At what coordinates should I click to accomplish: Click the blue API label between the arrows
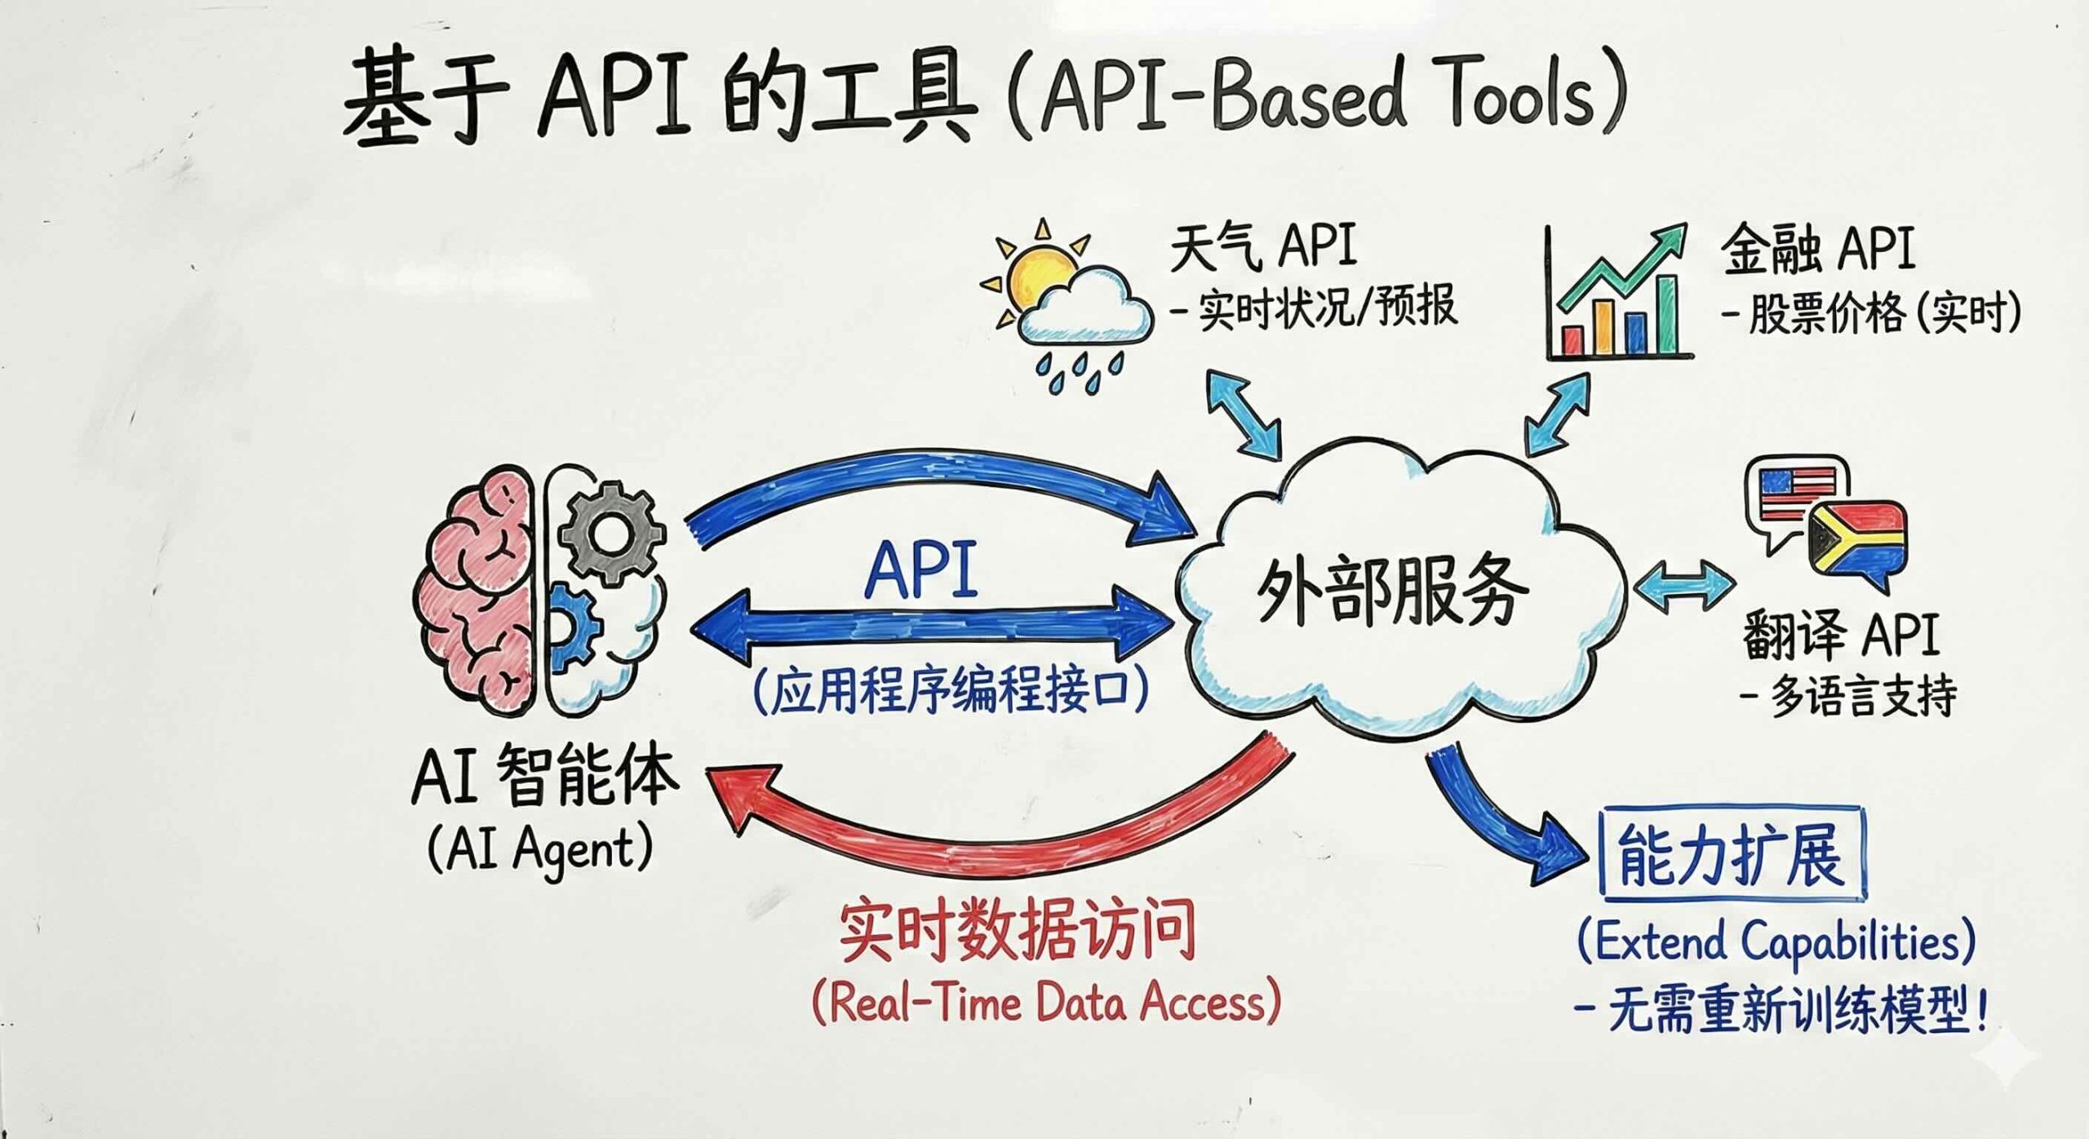tap(921, 571)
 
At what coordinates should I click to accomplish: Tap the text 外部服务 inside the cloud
tap(1391, 592)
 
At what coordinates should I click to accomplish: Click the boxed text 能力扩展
tap(1731, 855)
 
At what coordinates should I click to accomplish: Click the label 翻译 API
tap(1840, 636)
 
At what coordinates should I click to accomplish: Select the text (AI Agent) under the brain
tap(539, 849)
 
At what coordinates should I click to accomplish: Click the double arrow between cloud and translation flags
tap(1685, 586)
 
